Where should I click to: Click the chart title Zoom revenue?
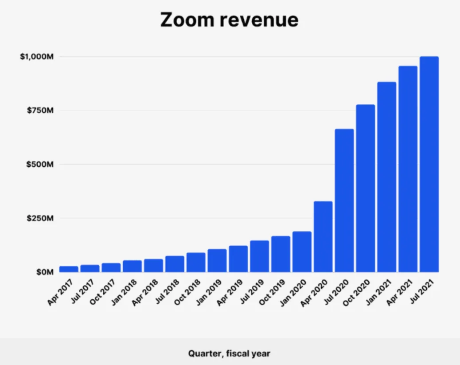click(x=229, y=20)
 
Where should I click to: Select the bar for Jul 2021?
click(x=429, y=164)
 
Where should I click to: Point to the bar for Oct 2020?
click(x=366, y=188)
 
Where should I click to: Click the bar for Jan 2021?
click(x=387, y=177)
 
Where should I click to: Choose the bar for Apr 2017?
click(x=69, y=269)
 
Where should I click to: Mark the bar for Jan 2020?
click(x=302, y=251)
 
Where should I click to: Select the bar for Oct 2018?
click(x=196, y=262)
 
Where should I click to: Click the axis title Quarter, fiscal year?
click(x=229, y=353)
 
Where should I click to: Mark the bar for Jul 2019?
click(x=259, y=256)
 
